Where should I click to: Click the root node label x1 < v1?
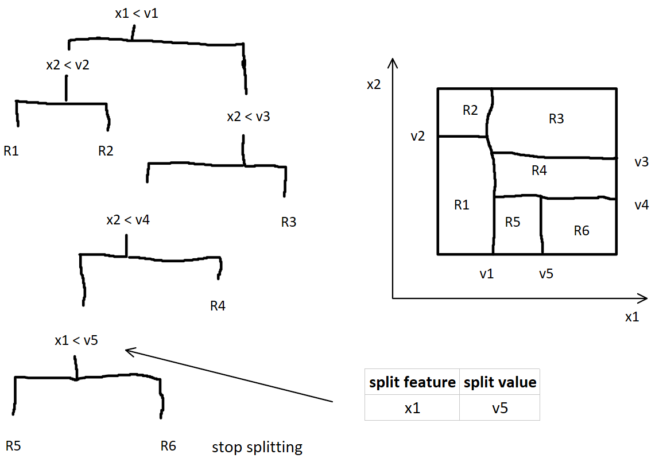(136, 13)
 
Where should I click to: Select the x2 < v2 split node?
(67, 65)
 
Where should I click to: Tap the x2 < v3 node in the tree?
(248, 117)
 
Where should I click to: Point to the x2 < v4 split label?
(127, 220)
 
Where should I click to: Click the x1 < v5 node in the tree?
(76, 340)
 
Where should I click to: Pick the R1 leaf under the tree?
(11, 151)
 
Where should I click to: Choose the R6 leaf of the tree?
(168, 446)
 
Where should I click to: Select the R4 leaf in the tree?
(218, 306)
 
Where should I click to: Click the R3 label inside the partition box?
(556, 119)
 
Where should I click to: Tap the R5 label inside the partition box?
(513, 223)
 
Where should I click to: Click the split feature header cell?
(412, 382)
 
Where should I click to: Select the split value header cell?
(499, 382)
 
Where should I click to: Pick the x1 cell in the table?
(412, 408)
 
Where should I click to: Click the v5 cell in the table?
(499, 408)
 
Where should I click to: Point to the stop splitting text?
(257, 447)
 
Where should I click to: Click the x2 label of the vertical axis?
(374, 85)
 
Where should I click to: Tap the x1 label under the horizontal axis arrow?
(631, 317)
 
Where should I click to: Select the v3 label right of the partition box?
(642, 162)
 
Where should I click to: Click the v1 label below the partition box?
(487, 274)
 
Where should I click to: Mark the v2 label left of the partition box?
(417, 136)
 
